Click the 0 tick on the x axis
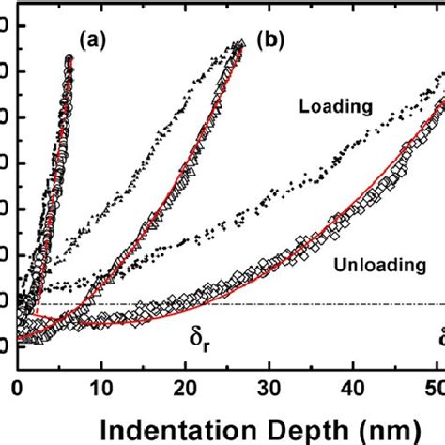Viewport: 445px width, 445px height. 17,387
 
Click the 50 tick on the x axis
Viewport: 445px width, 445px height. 436,387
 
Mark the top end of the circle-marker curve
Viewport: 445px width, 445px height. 69,59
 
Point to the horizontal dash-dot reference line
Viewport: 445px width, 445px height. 282,303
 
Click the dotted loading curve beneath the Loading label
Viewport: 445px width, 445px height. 338,156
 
